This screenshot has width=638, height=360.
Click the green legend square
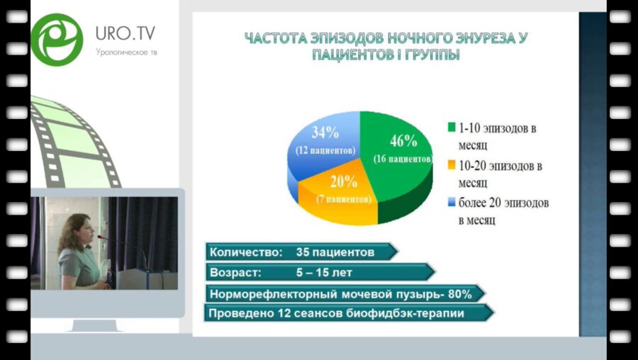452,128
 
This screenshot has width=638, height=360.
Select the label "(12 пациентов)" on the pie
325,150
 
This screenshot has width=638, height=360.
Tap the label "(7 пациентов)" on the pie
343,200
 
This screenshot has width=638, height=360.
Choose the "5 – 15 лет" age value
324,272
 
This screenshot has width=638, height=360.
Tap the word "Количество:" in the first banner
239,252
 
